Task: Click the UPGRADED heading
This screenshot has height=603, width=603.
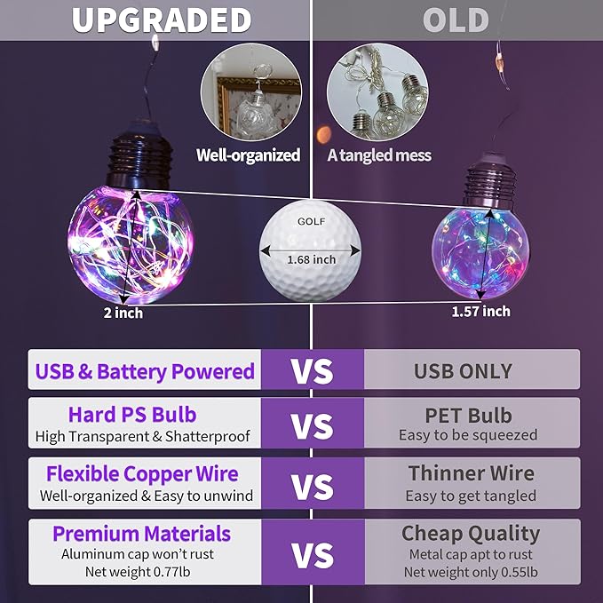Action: (162, 20)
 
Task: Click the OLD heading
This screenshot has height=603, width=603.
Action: (456, 20)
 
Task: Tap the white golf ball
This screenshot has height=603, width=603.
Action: (310, 250)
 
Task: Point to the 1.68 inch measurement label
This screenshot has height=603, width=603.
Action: (312, 259)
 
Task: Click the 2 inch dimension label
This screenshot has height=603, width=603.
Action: (123, 313)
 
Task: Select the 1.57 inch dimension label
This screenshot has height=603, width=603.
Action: (480, 311)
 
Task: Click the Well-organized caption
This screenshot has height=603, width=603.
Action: (248, 155)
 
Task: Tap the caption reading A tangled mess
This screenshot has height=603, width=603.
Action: (379, 155)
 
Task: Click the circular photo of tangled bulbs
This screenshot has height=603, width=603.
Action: (377, 92)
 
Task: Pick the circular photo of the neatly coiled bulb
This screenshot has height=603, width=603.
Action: (251, 92)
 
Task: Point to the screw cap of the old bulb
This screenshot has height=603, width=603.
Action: (490, 181)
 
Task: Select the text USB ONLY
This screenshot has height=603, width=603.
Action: (463, 371)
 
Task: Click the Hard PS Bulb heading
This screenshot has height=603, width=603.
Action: (132, 415)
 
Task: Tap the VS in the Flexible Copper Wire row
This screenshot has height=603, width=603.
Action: (313, 487)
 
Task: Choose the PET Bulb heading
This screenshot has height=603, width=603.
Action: (468, 416)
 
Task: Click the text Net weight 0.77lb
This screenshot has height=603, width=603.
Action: (138, 572)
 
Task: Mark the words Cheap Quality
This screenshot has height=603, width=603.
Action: (471, 534)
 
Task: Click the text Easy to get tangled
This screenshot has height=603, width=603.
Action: (471, 496)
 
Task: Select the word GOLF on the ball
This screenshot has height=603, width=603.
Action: (312, 221)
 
